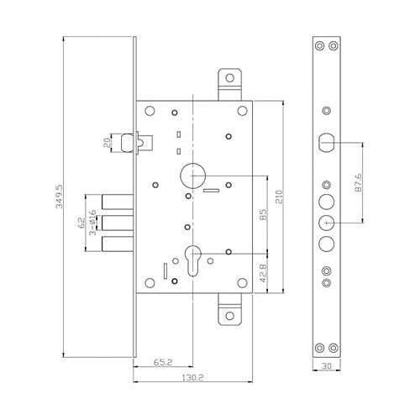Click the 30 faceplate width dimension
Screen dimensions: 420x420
pos(328,366)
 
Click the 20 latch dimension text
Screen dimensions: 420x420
pos(108,143)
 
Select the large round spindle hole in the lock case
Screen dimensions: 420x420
pos(193,176)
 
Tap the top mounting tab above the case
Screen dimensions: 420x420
pos(228,83)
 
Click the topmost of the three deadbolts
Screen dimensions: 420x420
pos(116,202)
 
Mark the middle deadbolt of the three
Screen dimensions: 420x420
pos(116,223)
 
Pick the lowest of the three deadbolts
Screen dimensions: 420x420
pos(116,243)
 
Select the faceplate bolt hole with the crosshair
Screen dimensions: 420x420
pos(327,222)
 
